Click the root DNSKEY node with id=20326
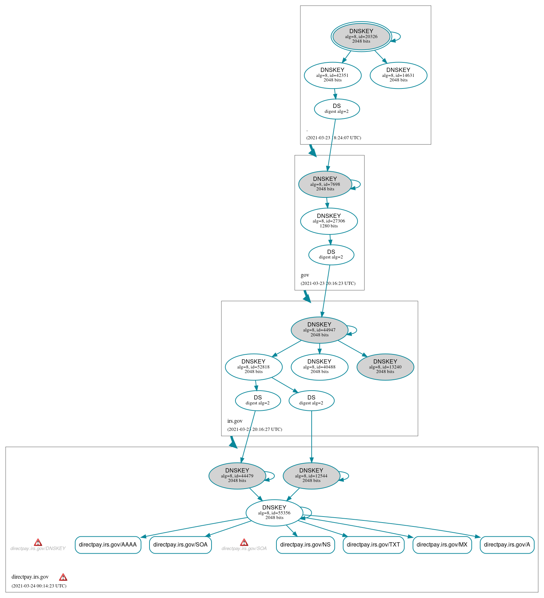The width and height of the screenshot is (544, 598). [361, 36]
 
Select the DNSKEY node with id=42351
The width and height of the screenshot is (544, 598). [332, 75]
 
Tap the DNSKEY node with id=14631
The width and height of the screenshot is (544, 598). [398, 75]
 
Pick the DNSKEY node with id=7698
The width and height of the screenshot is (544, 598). [325, 184]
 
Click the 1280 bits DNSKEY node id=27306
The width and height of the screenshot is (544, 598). [329, 221]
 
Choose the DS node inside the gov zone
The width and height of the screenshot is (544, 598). [331, 255]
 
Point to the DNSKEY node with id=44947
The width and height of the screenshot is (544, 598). [319, 330]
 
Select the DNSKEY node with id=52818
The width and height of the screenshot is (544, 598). [253, 367]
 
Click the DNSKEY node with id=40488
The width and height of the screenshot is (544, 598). [319, 367]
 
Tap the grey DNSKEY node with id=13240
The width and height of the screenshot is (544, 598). [385, 367]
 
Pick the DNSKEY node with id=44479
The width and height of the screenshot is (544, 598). [237, 476]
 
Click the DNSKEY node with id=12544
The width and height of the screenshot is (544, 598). [311, 476]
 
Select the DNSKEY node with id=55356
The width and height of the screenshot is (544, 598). [274, 513]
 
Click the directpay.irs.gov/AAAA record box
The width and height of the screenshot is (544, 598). [108, 545]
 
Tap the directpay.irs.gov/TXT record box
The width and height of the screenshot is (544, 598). [373, 545]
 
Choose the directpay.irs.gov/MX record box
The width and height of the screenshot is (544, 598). [442, 545]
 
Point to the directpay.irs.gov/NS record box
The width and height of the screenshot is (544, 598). [305, 545]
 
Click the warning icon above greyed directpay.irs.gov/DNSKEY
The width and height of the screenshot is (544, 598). [38, 542]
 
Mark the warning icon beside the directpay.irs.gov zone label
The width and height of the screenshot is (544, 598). [63, 577]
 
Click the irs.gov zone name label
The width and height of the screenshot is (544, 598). [235, 421]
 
